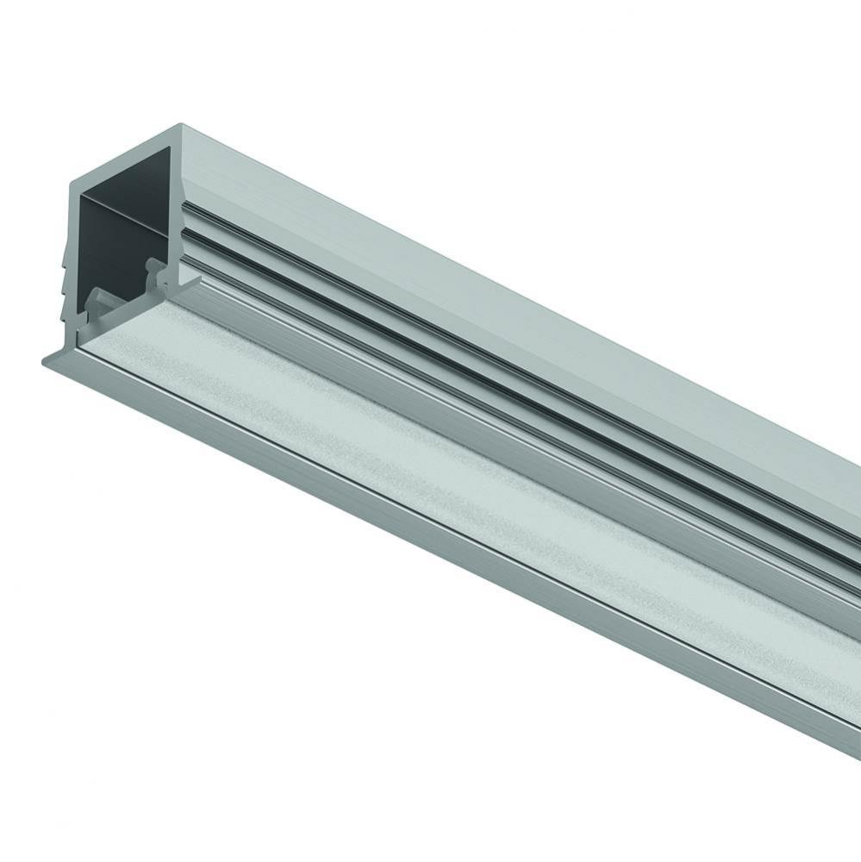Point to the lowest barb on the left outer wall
coord(69,304)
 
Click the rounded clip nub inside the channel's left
coord(97,301)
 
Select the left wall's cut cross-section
coord(75,259)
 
